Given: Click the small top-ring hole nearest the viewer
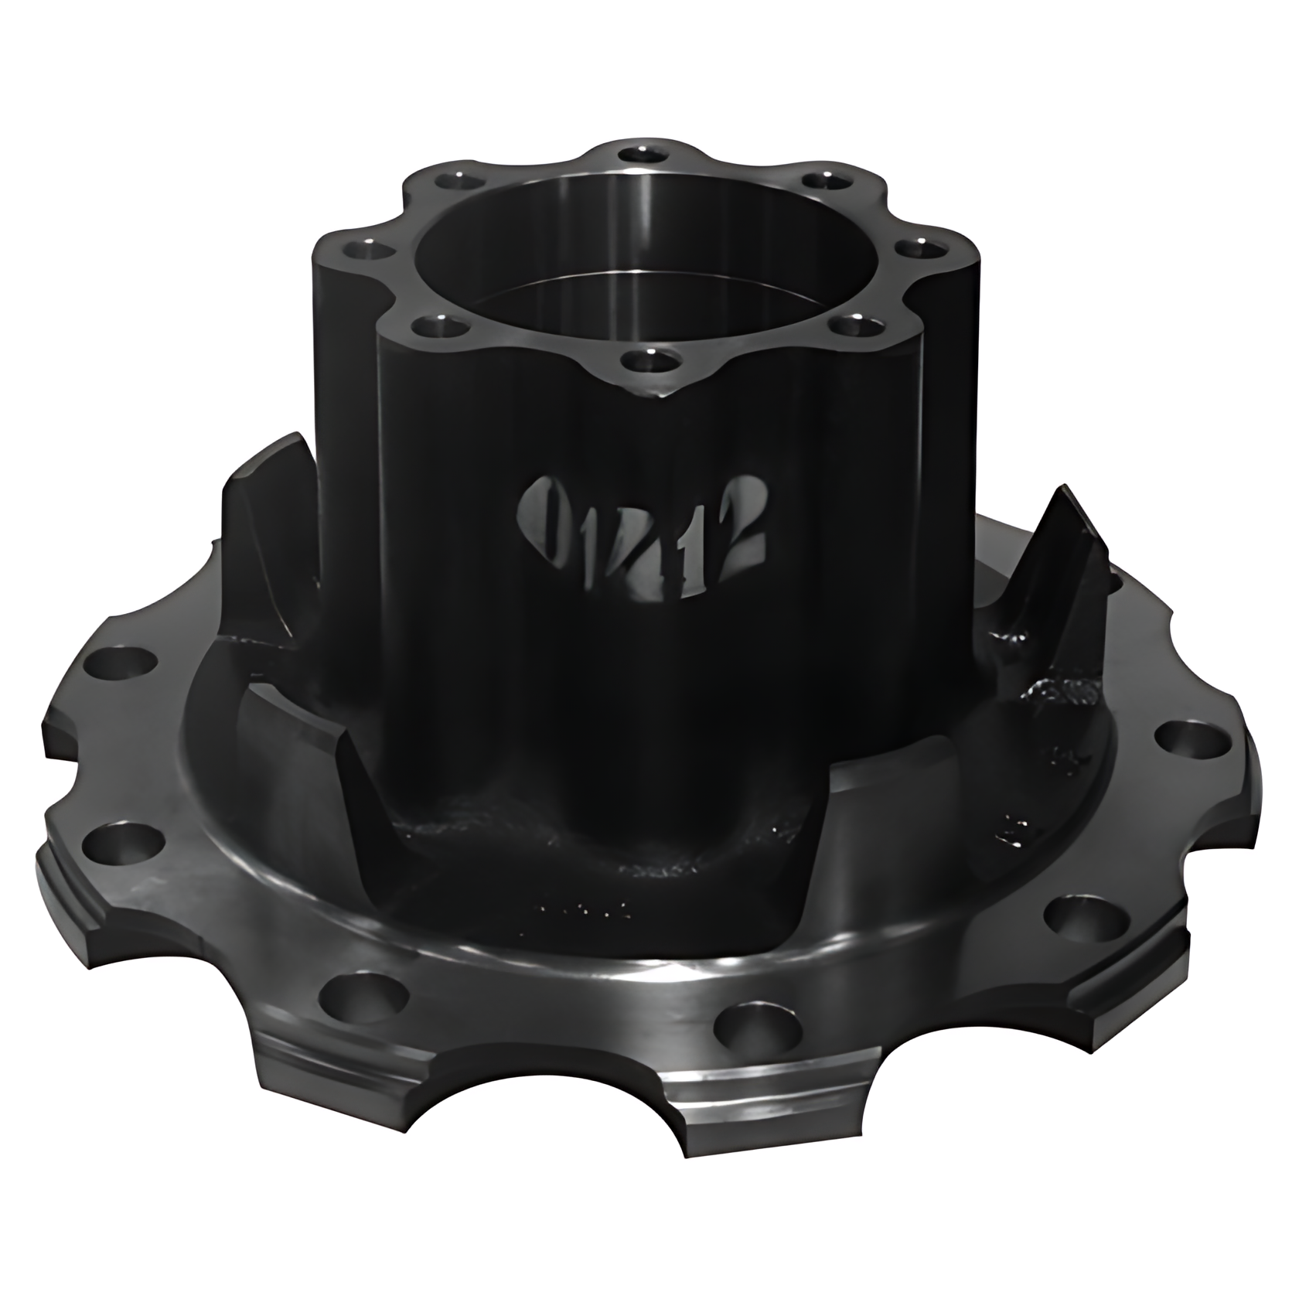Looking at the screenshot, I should click(x=646, y=360).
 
